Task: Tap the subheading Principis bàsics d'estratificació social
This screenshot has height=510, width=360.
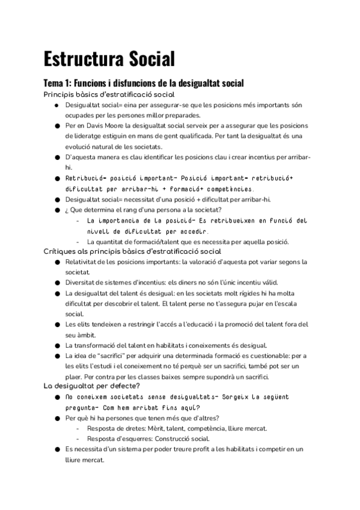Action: (109, 94)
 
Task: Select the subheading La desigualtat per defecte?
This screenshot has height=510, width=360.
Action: (92, 386)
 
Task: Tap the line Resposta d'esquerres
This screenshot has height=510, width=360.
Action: (148, 438)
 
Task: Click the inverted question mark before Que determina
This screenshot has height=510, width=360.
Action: (67, 209)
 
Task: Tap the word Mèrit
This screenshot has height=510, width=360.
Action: (162, 428)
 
